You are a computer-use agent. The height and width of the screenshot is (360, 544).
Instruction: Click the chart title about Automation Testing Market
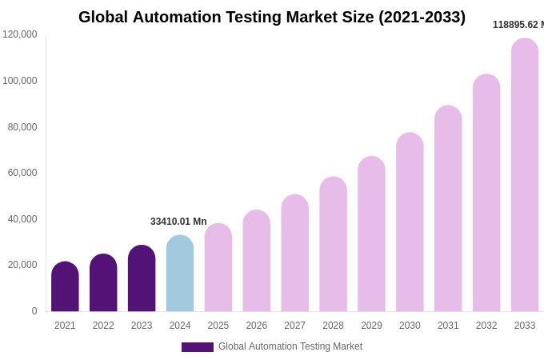[x=272, y=17]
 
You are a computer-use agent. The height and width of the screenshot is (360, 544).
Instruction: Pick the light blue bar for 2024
[x=180, y=274]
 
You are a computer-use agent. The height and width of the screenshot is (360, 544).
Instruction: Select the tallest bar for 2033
[x=525, y=175]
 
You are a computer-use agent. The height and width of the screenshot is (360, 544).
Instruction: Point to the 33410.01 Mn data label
[x=178, y=222]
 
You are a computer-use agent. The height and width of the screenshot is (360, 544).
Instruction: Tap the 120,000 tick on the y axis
[x=20, y=34]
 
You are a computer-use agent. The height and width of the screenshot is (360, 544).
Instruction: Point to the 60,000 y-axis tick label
[x=22, y=173]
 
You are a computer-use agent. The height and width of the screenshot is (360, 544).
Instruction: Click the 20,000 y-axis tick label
[x=22, y=265]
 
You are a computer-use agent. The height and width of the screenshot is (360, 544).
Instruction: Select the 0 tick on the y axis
[x=34, y=311]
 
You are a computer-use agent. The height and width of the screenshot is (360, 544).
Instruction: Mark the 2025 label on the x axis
[x=218, y=326]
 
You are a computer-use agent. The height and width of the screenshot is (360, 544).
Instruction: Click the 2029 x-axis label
[x=371, y=326]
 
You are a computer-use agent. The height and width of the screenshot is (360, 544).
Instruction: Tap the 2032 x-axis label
[x=486, y=326]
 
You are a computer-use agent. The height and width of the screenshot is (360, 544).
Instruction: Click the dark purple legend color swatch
[x=198, y=347]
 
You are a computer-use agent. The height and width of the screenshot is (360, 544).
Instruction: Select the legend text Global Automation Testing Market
[x=290, y=346]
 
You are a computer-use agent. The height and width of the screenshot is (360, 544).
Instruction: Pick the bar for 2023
[x=142, y=278]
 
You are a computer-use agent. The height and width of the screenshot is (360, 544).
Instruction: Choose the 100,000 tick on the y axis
[x=20, y=81]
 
